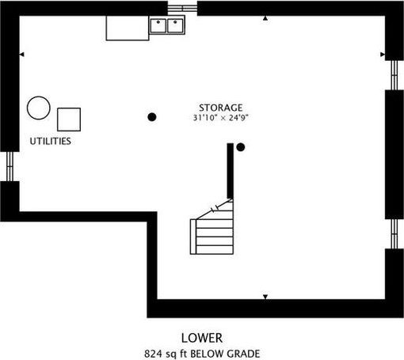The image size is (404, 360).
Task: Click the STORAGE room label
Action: (x=220, y=108)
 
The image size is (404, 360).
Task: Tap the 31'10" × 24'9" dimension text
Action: (x=221, y=118)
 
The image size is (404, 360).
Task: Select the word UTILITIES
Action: (x=51, y=141)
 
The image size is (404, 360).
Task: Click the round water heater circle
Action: (x=39, y=108)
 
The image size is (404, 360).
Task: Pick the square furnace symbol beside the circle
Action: (x=69, y=119)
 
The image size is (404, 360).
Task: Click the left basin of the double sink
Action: (x=158, y=25)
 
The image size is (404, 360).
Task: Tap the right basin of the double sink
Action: (x=175, y=25)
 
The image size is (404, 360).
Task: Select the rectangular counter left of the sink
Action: (x=128, y=28)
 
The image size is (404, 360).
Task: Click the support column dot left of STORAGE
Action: (x=152, y=117)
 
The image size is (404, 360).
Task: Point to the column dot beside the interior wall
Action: (x=240, y=147)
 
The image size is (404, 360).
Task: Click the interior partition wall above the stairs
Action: (x=231, y=171)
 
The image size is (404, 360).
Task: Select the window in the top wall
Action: (x=182, y=8)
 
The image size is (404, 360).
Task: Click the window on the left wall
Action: (x=10, y=166)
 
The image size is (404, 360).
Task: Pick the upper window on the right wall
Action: (x=394, y=75)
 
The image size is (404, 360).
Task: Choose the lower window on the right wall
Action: (x=394, y=234)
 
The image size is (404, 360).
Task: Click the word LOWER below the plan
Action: (x=202, y=338)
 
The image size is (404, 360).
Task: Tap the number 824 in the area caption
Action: (x=153, y=354)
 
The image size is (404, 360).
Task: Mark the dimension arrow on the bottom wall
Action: (x=265, y=297)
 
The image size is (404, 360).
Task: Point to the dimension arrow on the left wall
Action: (x=22, y=55)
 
